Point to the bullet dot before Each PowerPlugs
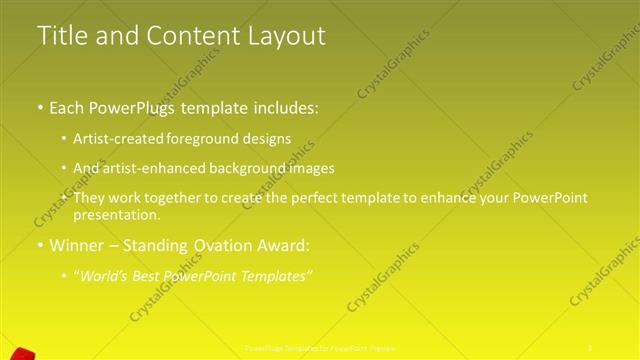point(39,108)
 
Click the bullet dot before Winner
point(39,244)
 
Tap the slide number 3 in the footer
point(590,347)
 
